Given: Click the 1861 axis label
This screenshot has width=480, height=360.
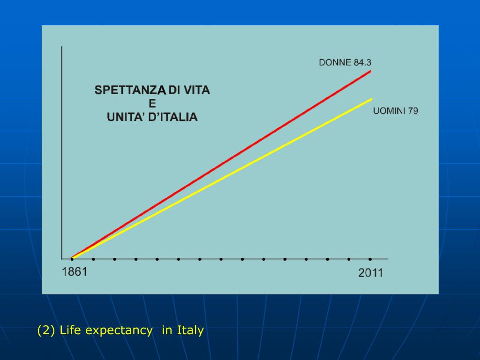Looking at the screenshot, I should point(75,271).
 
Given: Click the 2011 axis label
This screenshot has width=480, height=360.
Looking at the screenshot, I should point(370,273).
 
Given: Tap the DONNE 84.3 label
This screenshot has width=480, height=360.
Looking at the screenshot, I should point(345,62).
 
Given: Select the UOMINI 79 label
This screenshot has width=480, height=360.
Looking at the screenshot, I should point(395,112).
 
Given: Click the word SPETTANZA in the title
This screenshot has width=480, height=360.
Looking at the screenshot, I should point(131,90).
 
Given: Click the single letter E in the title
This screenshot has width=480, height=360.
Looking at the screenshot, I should point(152,104).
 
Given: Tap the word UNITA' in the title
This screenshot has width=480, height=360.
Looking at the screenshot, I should point(125,117).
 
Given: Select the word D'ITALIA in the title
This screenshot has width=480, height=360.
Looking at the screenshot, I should point(173,117).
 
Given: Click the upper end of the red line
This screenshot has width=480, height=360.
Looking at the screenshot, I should point(371,71).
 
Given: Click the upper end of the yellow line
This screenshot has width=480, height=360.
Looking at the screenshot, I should point(371,99).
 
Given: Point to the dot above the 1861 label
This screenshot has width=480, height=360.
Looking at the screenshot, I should point(72,259).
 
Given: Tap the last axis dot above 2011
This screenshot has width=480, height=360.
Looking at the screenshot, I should point(370,259).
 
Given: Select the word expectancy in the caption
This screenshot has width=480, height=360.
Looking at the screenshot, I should point(119,330).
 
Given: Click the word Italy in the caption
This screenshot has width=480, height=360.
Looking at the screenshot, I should point(190,330).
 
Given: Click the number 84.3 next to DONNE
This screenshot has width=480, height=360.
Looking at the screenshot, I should point(363,62).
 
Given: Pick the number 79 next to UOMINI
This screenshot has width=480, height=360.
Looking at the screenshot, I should point(412,112).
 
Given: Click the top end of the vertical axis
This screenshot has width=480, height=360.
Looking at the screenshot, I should point(62,47).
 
